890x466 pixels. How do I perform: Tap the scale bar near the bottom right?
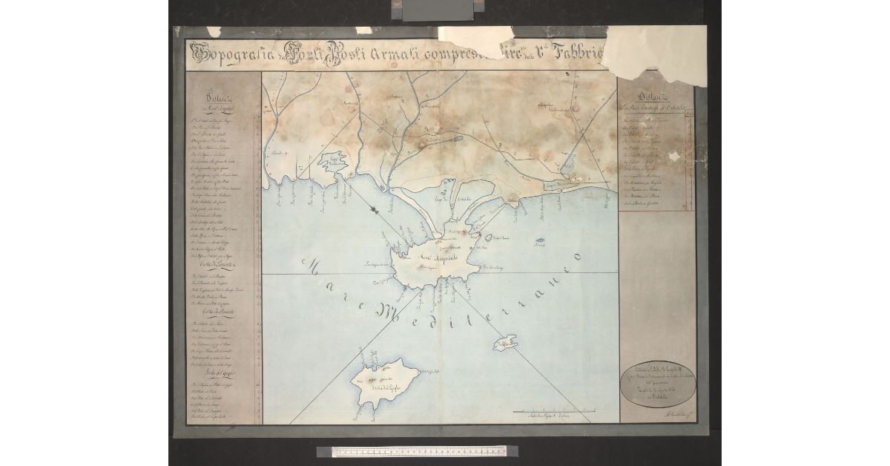pyautogui.click(x=556, y=410)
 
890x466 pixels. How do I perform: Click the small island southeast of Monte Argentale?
pyautogui.click(x=507, y=344)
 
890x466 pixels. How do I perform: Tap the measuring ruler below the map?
pyautogui.click(x=412, y=451)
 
